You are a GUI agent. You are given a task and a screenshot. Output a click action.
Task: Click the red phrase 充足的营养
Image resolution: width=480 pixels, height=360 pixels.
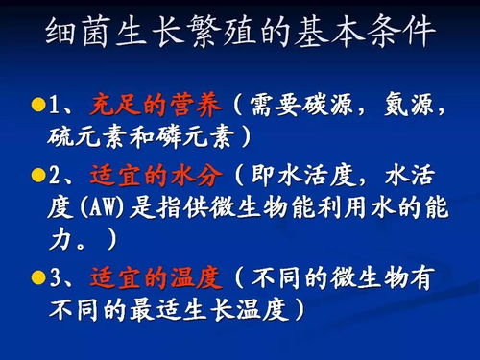click(x=155, y=103)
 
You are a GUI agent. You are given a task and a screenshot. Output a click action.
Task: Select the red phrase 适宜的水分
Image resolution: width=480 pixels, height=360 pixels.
click(x=155, y=177)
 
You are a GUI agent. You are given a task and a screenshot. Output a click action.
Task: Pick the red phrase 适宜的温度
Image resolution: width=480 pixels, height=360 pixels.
click(x=155, y=279)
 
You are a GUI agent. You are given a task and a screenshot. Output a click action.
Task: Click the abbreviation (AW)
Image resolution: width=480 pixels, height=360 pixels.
click(x=96, y=208)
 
